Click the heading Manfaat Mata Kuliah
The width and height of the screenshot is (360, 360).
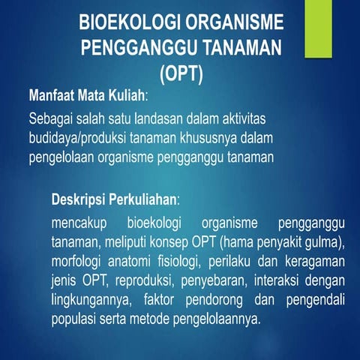(x=87, y=97)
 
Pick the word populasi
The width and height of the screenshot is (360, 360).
(x=79, y=318)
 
